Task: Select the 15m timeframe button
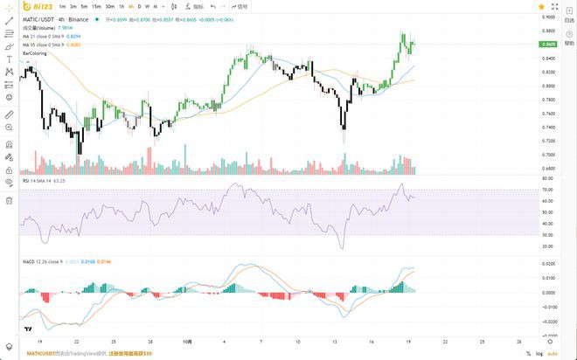[96, 7]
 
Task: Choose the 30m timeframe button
[109, 7]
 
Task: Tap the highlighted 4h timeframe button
[131, 7]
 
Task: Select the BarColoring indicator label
[35, 53]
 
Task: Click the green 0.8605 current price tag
[549, 44]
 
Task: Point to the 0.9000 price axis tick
[549, 17]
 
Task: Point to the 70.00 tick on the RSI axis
[547, 190]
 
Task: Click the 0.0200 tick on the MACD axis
[548, 263]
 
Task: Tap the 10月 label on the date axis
[187, 342]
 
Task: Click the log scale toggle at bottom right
[539, 353]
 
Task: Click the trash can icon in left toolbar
[9, 200]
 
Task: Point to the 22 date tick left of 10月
[77, 342]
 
